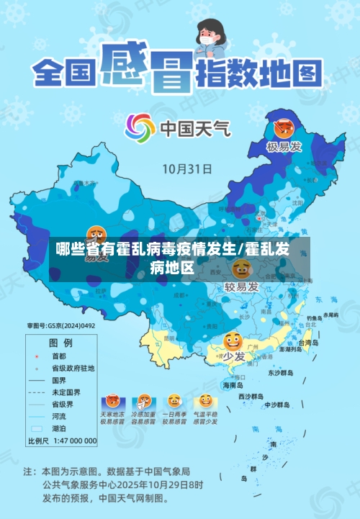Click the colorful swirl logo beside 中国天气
pos(140,128)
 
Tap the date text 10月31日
pos(186,170)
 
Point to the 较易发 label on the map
pos(241,287)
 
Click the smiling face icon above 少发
pos(233,341)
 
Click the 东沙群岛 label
pos(282,373)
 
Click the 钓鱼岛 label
pos(315,317)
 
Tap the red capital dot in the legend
pos(36,356)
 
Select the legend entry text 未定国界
pos(66,392)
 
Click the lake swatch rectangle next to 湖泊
pos(36,428)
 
